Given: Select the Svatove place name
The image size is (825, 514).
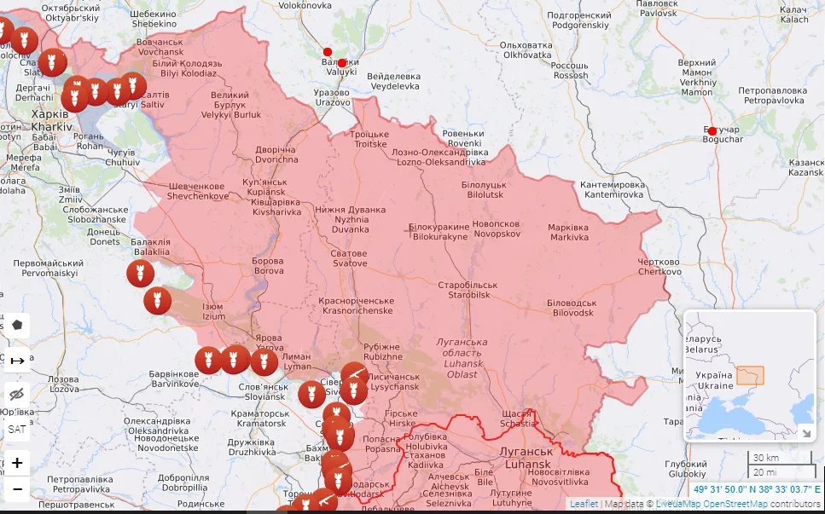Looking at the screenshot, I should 349,258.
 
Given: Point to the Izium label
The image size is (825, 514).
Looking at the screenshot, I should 213,311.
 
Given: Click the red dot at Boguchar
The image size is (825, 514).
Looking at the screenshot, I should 712,130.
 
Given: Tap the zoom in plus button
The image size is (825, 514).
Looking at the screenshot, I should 17,464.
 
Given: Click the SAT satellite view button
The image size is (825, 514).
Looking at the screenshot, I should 17,429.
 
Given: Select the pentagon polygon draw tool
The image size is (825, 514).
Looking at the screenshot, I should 17,326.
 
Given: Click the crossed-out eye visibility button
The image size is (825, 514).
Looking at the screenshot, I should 17,394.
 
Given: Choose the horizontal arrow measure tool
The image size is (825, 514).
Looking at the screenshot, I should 17,361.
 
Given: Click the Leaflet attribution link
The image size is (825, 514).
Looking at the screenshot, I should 584,504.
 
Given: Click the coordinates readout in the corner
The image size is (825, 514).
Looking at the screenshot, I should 756,489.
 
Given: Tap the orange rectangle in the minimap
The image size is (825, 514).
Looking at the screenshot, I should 751,375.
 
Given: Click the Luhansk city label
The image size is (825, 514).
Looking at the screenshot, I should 529,457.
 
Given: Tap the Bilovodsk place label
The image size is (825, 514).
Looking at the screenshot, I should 571,308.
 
